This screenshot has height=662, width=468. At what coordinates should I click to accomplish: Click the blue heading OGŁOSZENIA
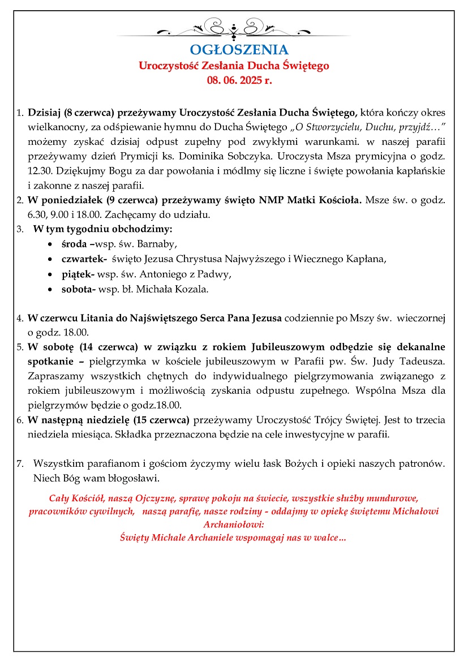pos(239,50)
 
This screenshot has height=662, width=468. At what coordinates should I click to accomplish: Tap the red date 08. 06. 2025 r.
pos(239,80)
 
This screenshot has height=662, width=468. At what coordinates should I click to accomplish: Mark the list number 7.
pos(20,463)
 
